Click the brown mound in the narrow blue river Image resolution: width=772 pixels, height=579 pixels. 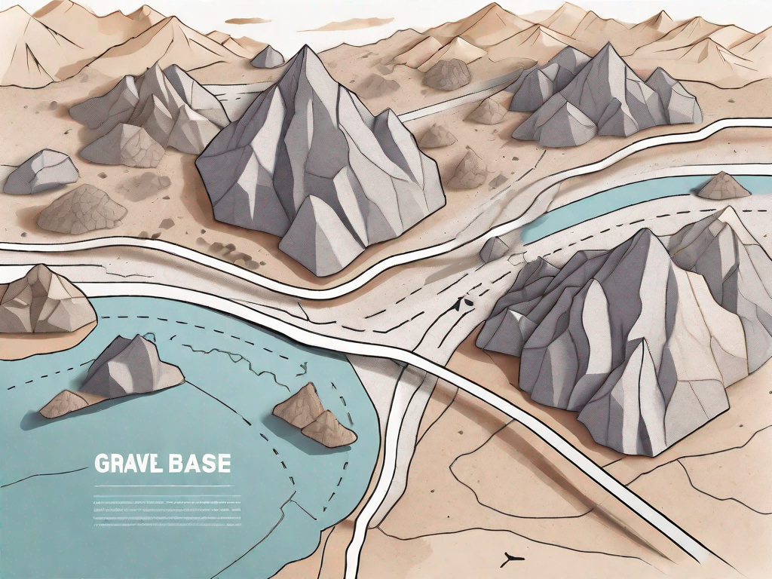click(x=723, y=186)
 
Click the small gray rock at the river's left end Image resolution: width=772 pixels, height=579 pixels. click(x=494, y=249)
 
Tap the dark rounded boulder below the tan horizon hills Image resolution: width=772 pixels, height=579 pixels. click(x=446, y=75)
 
